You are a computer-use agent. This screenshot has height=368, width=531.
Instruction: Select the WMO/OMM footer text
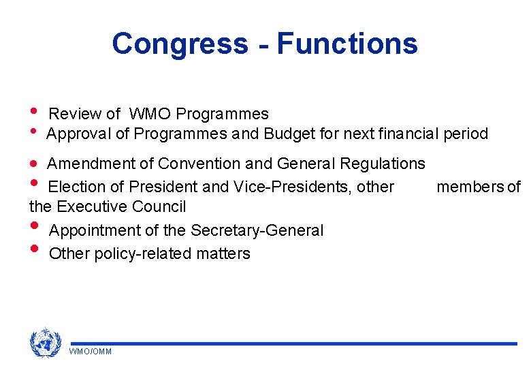pos(91,351)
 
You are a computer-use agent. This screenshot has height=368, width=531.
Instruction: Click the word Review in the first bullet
pos(76,114)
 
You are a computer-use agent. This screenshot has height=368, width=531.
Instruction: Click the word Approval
pos(79,134)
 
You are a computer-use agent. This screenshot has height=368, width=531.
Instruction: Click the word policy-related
pos(144,254)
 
